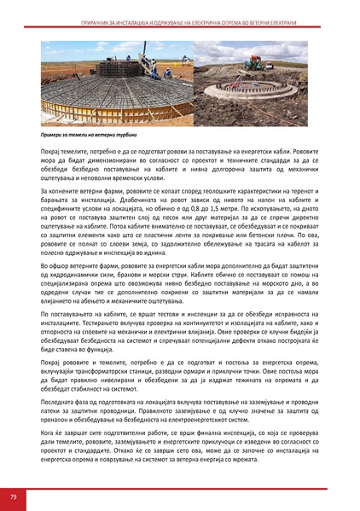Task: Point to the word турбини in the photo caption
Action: pyautogui.click(x=124, y=135)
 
